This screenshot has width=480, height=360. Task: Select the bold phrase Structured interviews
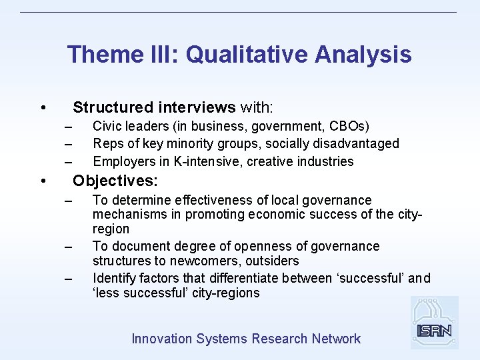[x=154, y=107]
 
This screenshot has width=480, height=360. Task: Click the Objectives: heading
[x=115, y=181]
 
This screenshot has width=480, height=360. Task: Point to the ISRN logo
[x=434, y=323]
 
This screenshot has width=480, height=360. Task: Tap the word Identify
[x=115, y=278]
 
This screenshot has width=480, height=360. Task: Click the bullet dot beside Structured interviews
[x=43, y=108]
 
